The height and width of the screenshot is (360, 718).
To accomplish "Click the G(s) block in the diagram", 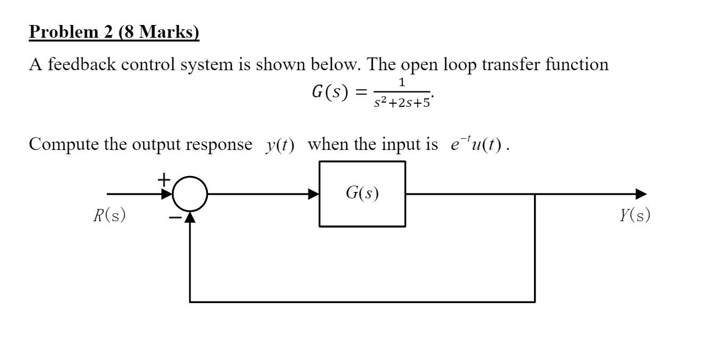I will [x=362, y=194].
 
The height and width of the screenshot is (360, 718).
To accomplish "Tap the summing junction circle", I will [x=190, y=194].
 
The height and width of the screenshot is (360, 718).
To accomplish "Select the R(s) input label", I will [x=109, y=215].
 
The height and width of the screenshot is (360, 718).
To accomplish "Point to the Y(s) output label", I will [x=634, y=215].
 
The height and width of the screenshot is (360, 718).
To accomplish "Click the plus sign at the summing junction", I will [x=164, y=180].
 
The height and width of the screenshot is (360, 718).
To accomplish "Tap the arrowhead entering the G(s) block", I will [x=314, y=194].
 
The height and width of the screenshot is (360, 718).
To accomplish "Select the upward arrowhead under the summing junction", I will [x=190, y=217].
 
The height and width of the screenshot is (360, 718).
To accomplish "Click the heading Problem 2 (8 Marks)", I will [x=114, y=32].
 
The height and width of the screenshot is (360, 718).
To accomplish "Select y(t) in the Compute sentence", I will [x=280, y=145].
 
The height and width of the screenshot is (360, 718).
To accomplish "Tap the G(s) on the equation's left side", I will [x=336, y=93].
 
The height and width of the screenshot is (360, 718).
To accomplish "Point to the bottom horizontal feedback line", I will [x=362, y=302].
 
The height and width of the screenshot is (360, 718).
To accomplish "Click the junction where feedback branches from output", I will [x=535, y=194].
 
